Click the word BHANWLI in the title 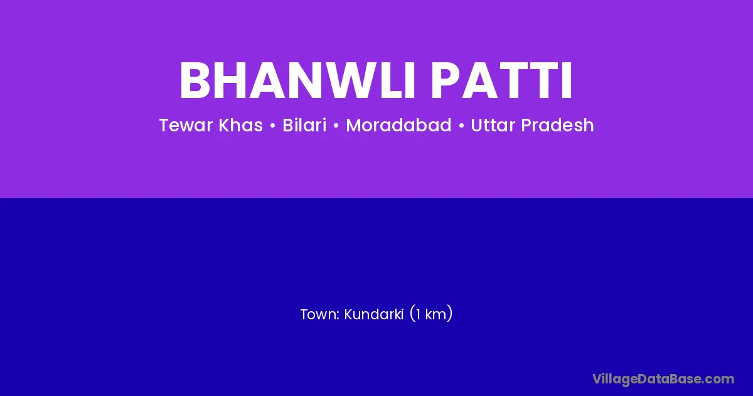point(297,80)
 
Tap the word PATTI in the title point(501,80)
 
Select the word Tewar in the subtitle point(186,125)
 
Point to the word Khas point(241,125)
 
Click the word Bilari point(304,125)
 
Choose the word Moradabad point(398,125)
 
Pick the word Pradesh point(557,125)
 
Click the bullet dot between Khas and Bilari point(272,126)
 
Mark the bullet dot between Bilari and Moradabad point(336,126)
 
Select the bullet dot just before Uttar point(461,126)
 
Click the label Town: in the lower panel point(319,314)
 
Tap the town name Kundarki point(373,314)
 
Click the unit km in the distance point(436,314)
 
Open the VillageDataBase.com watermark point(663,379)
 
